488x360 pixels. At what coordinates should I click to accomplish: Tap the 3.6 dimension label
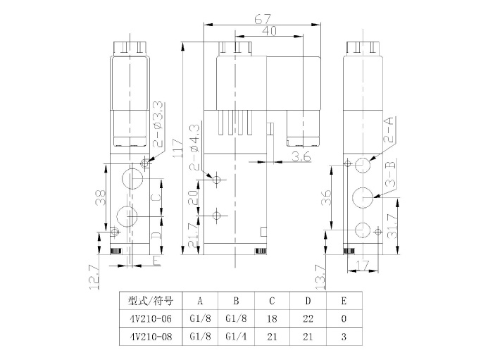(302, 156)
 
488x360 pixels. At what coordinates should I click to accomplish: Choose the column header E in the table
(343, 299)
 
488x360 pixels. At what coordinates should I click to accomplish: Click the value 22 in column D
(308, 318)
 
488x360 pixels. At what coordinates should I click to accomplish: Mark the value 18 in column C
(272, 318)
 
